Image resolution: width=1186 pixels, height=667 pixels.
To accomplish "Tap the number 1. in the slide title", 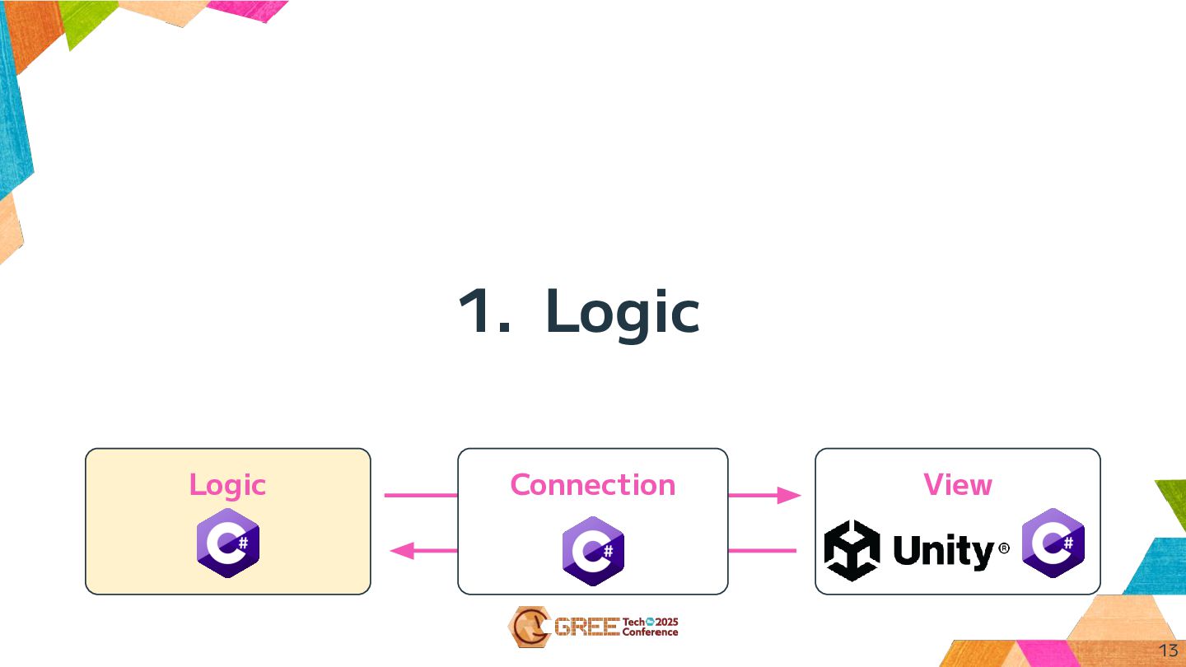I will (x=484, y=311).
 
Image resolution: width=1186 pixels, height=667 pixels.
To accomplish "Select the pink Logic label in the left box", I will (x=227, y=485).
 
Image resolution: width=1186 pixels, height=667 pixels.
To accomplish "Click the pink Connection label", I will (x=592, y=485).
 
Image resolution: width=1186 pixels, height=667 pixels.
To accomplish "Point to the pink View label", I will (x=957, y=485).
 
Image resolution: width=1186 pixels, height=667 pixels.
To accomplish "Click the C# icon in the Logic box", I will (x=228, y=543).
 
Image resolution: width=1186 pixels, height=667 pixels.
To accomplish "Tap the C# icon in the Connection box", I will (x=593, y=551).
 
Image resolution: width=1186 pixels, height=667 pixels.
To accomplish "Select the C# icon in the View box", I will (x=1053, y=543).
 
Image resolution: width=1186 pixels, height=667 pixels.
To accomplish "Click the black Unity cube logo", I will (x=852, y=550).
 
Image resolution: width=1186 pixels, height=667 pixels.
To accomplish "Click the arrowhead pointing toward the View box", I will (x=790, y=496).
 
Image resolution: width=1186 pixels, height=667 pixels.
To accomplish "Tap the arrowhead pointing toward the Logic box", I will (x=400, y=550).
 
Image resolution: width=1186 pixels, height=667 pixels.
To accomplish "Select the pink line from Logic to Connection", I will (x=421, y=496).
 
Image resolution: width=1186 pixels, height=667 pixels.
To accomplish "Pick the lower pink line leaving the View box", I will (x=763, y=550).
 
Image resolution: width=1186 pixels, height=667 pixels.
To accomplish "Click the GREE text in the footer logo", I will (x=586, y=627).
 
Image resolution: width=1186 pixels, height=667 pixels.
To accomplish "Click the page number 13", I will (x=1168, y=651).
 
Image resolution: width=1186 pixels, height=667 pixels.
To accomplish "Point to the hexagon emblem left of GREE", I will (x=526, y=627).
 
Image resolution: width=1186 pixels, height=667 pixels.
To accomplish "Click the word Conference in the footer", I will (x=650, y=632).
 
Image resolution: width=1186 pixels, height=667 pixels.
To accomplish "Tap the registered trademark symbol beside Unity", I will (x=1003, y=548).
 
